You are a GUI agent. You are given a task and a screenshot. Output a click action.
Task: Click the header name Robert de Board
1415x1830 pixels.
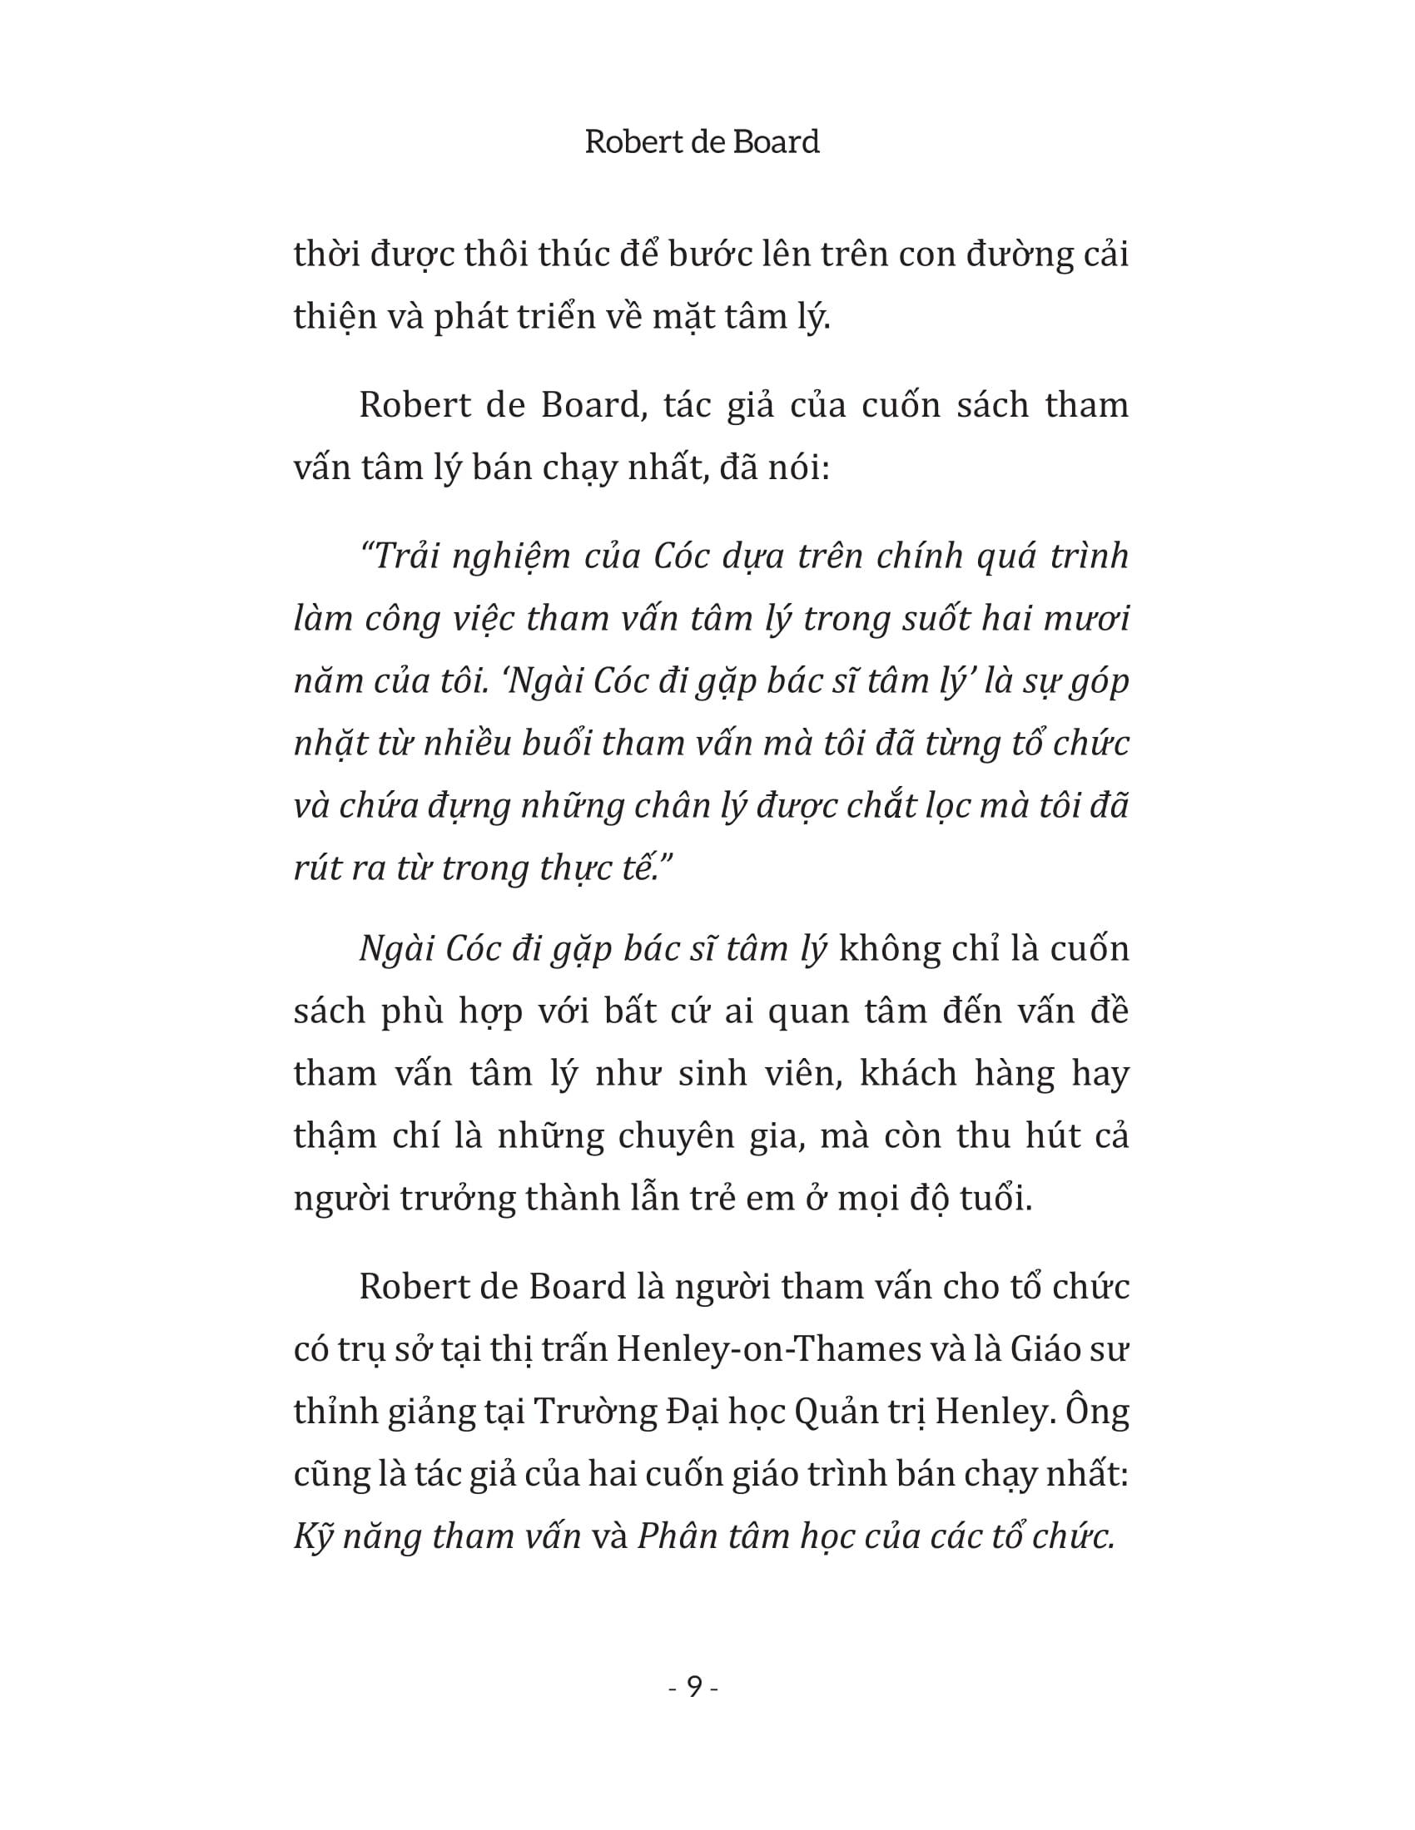point(702,141)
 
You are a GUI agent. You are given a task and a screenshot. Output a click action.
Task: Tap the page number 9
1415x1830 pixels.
point(694,1686)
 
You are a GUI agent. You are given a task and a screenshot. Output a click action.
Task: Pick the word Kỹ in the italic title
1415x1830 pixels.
point(315,1536)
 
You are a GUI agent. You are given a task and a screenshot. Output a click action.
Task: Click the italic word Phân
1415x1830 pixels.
point(675,1536)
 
